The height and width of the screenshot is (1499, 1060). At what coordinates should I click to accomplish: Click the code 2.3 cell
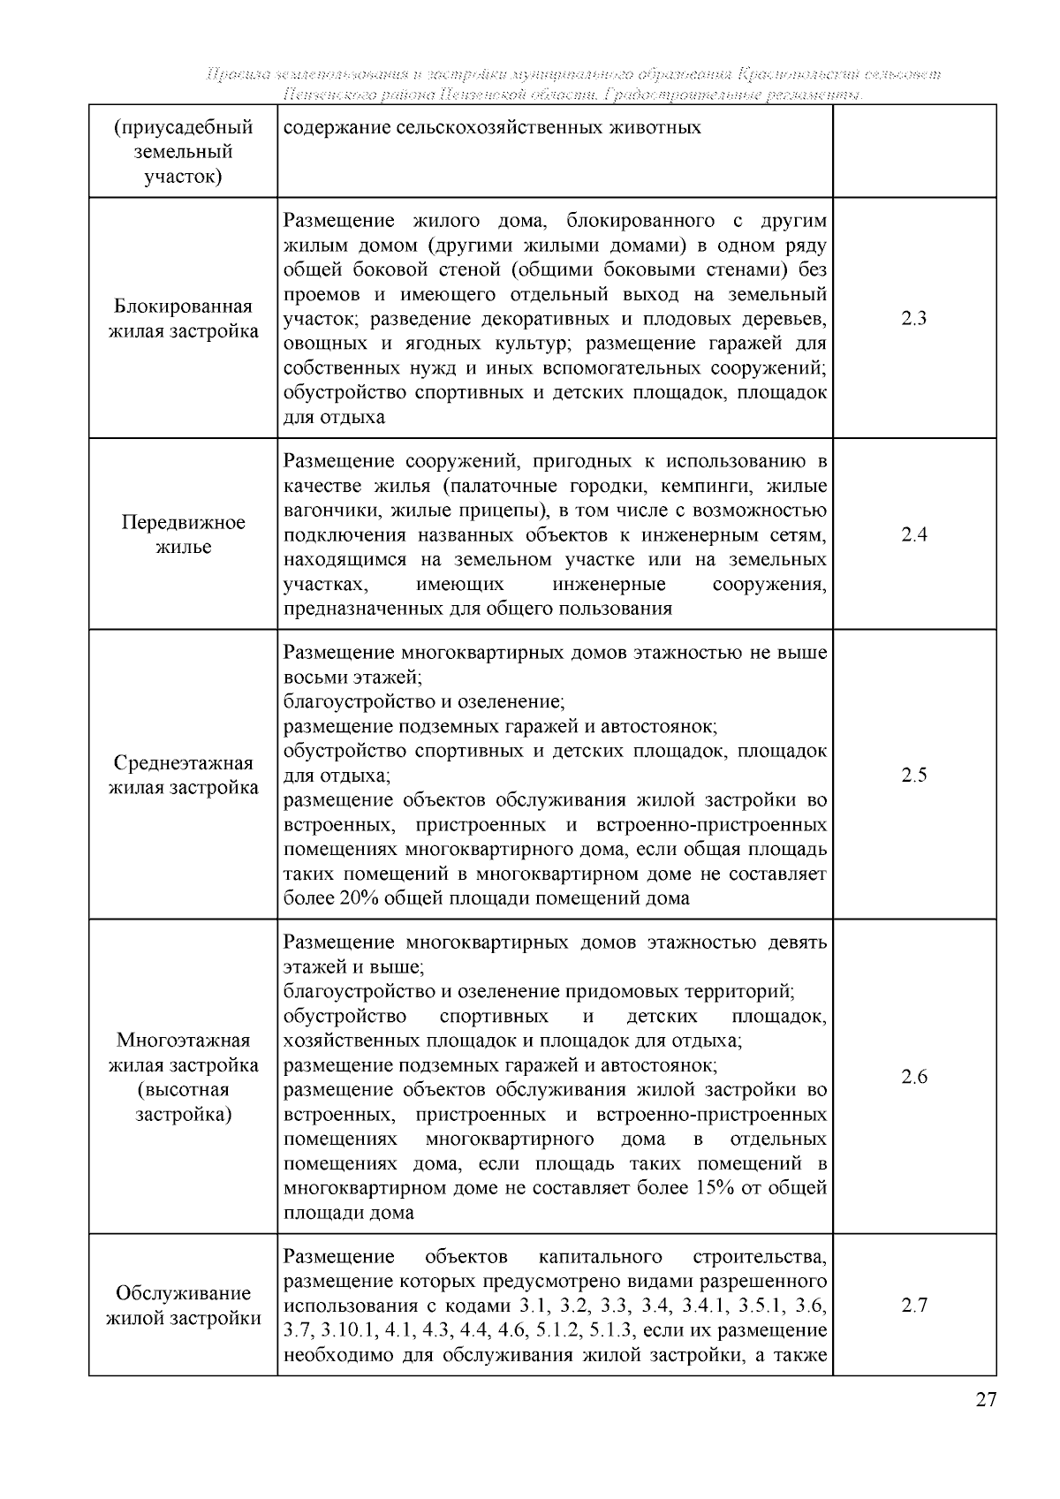[x=913, y=319]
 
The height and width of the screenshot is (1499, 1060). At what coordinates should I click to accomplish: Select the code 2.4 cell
[x=913, y=534]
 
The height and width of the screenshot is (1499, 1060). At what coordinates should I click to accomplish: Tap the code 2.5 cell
[x=913, y=776]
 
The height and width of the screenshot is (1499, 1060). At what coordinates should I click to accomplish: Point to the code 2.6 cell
[x=913, y=1077]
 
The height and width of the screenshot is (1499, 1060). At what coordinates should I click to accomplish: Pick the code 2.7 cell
[x=913, y=1306]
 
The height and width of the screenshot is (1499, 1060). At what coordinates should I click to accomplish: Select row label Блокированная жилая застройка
[x=184, y=319]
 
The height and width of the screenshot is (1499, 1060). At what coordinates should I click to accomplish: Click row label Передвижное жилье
[x=184, y=534]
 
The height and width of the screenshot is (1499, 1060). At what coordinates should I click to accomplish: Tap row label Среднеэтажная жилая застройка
[x=184, y=776]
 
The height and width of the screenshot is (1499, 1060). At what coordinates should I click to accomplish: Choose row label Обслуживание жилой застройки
[x=184, y=1306]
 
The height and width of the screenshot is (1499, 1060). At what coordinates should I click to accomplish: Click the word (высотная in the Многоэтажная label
[x=184, y=1089]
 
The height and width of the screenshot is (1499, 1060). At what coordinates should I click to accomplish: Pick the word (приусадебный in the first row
[x=184, y=127]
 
